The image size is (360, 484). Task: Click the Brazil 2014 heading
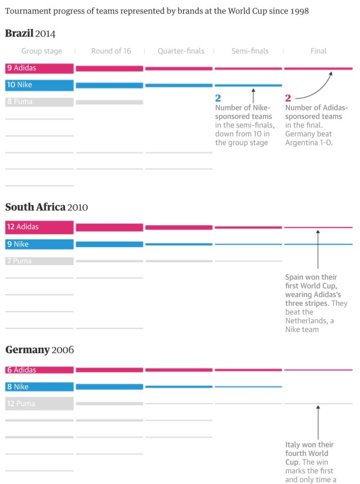30,34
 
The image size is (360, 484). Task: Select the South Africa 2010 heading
47,207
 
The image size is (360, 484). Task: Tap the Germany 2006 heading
39,350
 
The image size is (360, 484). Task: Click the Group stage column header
42,51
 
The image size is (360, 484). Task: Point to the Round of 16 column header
111,51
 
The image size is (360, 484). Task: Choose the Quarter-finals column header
181,51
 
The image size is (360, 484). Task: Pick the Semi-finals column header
250,51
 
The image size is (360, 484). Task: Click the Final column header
318,51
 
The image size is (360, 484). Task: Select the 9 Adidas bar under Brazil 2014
39,69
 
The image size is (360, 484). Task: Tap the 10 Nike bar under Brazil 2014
39,85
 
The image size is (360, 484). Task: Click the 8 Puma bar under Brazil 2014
39,102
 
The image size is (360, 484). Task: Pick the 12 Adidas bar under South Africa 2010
39,227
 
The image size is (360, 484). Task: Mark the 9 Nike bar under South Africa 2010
39,244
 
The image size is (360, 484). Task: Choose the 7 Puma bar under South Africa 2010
39,261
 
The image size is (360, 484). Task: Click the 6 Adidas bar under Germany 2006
39,370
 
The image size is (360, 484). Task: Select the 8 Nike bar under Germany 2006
39,387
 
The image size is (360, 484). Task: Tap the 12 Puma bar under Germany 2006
39,404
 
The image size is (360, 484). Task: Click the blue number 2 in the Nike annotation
218,98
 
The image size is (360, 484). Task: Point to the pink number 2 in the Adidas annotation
288,98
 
